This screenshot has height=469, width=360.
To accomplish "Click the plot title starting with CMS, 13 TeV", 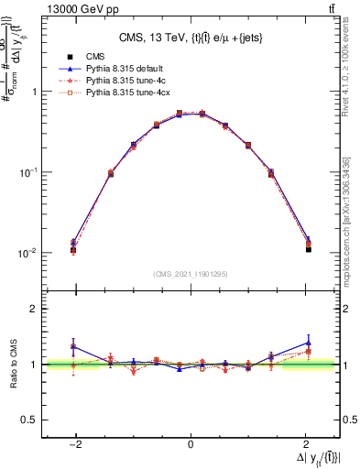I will [190, 38].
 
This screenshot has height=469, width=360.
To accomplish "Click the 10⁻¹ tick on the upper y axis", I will [28, 172].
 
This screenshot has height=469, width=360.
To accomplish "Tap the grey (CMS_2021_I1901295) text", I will [190, 274].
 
